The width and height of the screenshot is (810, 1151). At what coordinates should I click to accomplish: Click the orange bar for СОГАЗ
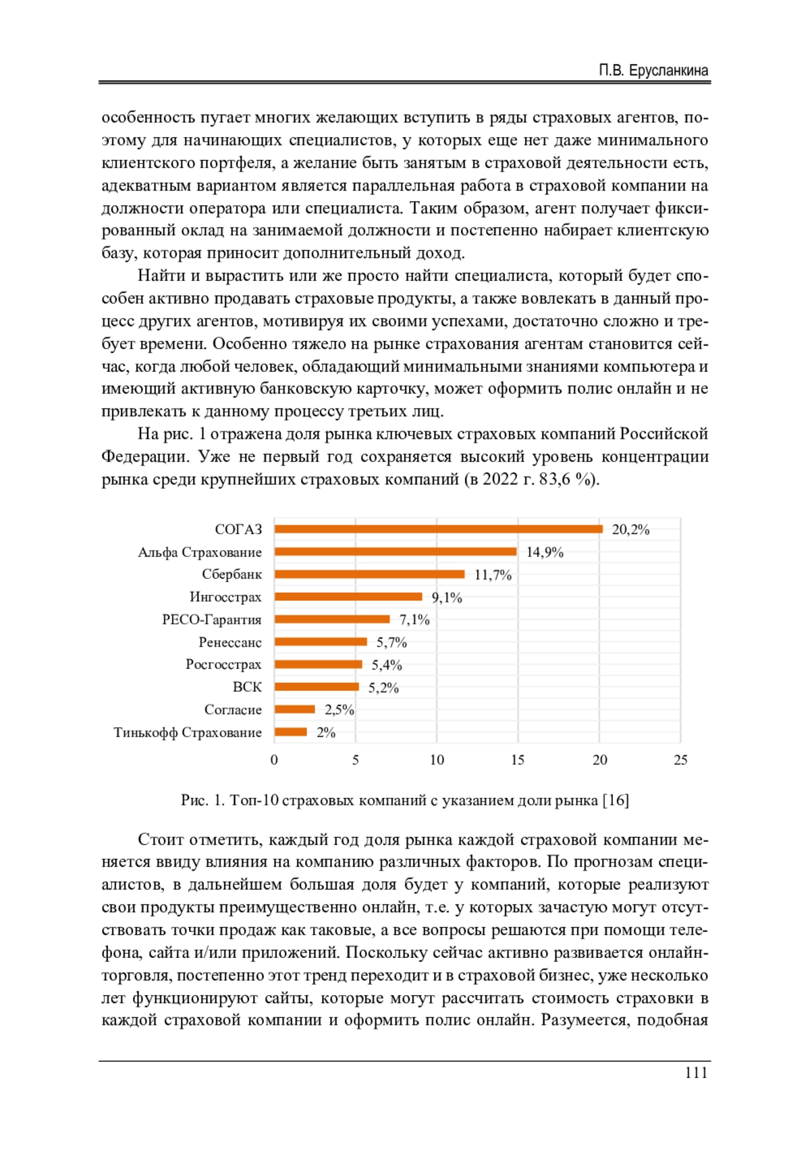(438, 529)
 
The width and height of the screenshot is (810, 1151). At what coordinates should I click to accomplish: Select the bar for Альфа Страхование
(395, 552)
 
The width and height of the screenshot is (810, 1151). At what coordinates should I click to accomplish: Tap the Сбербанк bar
(369, 574)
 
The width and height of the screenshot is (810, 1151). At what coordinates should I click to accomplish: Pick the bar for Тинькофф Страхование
(291, 732)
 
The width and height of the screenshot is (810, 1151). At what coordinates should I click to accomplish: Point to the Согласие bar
(295, 710)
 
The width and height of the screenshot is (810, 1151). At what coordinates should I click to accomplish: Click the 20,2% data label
(630, 530)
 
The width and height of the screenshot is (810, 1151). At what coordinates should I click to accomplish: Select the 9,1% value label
(447, 597)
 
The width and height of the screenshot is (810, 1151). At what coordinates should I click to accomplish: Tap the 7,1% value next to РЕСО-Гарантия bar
(414, 620)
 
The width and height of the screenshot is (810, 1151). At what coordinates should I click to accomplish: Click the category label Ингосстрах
(225, 597)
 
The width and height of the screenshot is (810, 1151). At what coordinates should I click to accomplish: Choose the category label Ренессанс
(230, 642)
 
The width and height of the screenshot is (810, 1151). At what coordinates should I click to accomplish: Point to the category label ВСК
(247, 687)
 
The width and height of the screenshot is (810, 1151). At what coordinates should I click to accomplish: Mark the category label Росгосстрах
(223, 664)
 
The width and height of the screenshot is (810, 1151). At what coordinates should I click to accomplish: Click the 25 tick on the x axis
(680, 760)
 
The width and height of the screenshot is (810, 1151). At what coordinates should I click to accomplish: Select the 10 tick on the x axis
(437, 760)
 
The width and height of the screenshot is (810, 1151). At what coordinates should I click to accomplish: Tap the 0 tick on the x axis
(274, 760)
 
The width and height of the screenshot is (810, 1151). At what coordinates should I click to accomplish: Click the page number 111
(696, 1073)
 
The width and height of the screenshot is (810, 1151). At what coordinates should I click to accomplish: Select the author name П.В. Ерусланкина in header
(653, 71)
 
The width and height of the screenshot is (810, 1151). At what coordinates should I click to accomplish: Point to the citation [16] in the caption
(616, 801)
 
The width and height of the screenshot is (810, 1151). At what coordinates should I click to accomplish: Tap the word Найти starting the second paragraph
(160, 276)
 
